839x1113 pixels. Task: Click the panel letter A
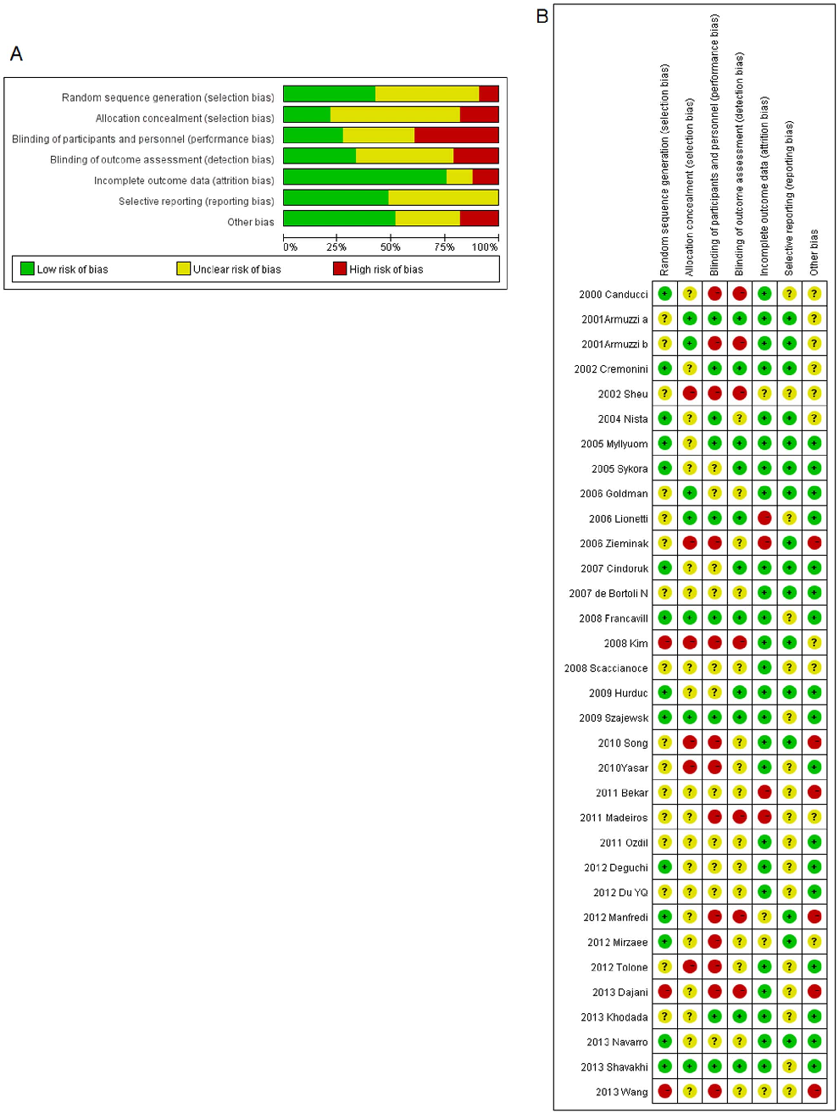pyautogui.click(x=16, y=54)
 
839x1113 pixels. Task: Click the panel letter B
pyautogui.click(x=542, y=16)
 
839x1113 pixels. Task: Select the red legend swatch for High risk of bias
pyautogui.click(x=340, y=269)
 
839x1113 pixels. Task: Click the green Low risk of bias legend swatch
pyautogui.click(x=27, y=269)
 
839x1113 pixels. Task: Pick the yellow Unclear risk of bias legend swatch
pyautogui.click(x=183, y=269)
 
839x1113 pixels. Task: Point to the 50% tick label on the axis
pyautogui.click(x=390, y=247)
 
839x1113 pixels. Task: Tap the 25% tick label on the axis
pyautogui.click(x=336, y=247)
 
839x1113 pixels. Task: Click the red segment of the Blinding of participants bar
pyautogui.click(x=456, y=135)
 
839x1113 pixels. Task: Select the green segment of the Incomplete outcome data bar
pyautogui.click(x=364, y=176)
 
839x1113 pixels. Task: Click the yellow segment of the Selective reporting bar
pyautogui.click(x=443, y=197)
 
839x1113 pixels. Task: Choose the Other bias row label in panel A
pyautogui.click(x=250, y=222)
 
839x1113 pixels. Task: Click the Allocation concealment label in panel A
pyautogui.click(x=185, y=119)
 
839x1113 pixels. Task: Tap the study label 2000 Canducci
pyautogui.click(x=613, y=295)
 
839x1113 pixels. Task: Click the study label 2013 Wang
pyautogui.click(x=621, y=1092)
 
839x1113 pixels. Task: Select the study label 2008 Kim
pyautogui.click(x=625, y=644)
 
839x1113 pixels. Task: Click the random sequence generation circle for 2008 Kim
pyautogui.click(x=665, y=643)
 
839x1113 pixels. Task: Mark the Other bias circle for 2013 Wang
pyautogui.click(x=814, y=1091)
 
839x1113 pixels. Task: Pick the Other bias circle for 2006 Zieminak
pyautogui.click(x=814, y=543)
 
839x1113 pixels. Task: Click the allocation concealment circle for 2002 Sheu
pyautogui.click(x=690, y=393)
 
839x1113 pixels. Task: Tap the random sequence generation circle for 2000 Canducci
pyautogui.click(x=665, y=294)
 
